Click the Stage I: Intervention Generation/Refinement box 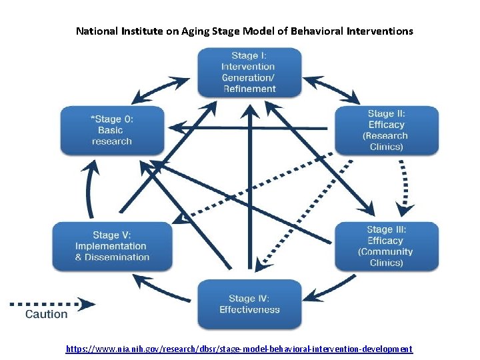tap(249, 72)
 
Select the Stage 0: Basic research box tap(111, 130)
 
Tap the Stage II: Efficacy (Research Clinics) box tap(386, 130)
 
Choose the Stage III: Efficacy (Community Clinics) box tap(386, 246)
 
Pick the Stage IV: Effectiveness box tap(249, 304)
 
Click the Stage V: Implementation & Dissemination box tap(112, 246)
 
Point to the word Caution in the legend tap(46, 314)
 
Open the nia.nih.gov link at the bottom tap(239, 349)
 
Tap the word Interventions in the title tap(380, 31)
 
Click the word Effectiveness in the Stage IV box tap(249, 309)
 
